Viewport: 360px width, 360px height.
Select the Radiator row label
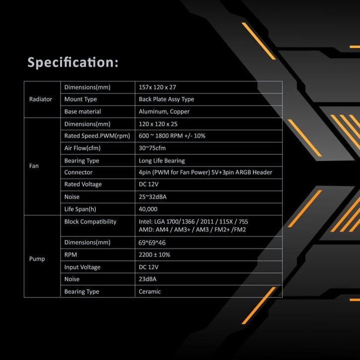tap(41, 99)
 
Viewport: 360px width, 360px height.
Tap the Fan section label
tap(34, 166)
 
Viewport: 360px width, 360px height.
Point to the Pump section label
tap(37, 259)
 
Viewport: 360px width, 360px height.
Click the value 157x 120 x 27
tap(157, 87)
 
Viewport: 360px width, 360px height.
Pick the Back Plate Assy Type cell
tap(166, 99)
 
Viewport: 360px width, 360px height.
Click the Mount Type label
tap(80, 99)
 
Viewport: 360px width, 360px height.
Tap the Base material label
tap(82, 112)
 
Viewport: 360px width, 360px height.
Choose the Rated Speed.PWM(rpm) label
tap(97, 136)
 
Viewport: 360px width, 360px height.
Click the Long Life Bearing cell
tap(162, 161)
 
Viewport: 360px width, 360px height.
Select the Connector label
tap(78, 173)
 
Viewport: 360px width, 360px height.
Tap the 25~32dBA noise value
tap(153, 197)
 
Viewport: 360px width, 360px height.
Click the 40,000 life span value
tap(148, 209)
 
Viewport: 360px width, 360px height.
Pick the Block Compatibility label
tap(90, 222)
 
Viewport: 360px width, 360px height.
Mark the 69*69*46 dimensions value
tap(152, 243)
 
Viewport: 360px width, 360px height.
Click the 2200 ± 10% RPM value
tap(154, 255)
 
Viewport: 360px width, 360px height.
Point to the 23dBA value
tap(149, 279)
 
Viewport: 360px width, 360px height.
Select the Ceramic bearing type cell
tap(150, 292)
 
